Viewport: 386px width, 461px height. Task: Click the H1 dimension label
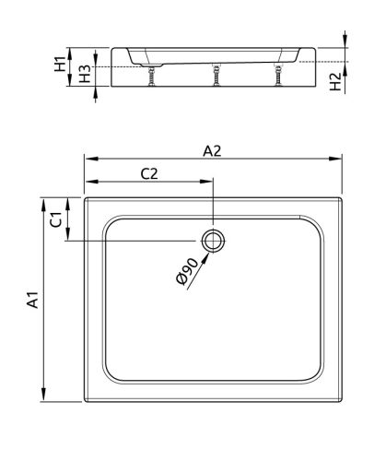coord(60,65)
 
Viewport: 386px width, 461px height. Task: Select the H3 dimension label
coord(85,75)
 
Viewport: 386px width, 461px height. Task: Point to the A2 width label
coord(214,152)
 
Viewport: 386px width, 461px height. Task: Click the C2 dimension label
coord(150,173)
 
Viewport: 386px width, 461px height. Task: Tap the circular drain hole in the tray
coord(214,242)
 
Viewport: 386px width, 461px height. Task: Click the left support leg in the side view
coord(150,77)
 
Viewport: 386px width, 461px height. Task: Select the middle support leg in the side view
coord(216,77)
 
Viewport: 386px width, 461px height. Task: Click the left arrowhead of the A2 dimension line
coord(88,159)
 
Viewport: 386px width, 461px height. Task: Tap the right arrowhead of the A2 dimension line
coord(341,159)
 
